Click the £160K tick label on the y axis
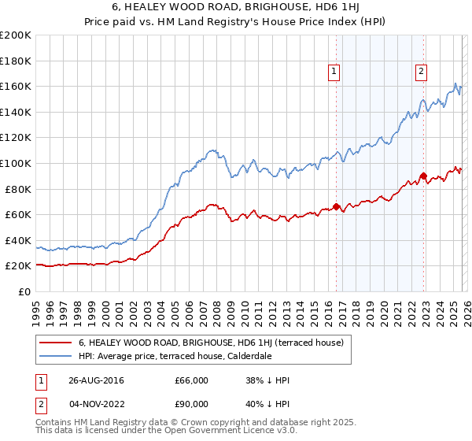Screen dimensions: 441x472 [16, 86]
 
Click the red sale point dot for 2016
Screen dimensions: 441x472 [336, 207]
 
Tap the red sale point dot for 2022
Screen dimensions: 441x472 [423, 176]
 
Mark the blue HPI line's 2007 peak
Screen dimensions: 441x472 [211, 149]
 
